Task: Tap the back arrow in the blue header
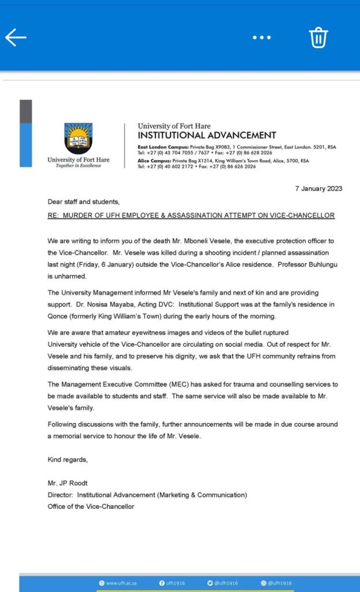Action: coord(16,38)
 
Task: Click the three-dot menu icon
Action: coord(261,38)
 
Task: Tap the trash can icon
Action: coord(318,38)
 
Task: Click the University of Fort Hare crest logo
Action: coord(78,138)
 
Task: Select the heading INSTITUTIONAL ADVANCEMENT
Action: coord(207,135)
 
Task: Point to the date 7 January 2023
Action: coord(318,188)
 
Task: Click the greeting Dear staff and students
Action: coord(83,202)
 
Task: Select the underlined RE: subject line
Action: coord(191,216)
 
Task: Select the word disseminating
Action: coord(73,368)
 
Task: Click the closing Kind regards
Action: coord(68,460)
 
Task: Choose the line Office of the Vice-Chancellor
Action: coord(91,506)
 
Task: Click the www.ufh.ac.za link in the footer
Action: coord(120,583)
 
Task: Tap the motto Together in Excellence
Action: coord(78,166)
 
